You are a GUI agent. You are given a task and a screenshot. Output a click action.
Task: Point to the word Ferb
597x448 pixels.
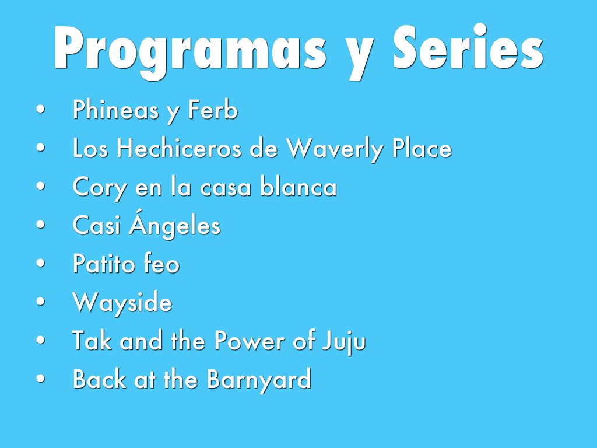[213, 110]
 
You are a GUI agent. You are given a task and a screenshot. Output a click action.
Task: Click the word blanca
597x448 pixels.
[298, 187]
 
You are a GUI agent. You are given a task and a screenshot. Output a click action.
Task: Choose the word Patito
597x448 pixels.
[104, 264]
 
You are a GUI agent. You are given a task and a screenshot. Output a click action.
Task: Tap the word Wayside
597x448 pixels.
[122, 303]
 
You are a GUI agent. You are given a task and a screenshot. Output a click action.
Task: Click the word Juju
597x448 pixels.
[344, 342]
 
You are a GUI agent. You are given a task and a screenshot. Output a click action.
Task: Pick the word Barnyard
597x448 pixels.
[259, 380]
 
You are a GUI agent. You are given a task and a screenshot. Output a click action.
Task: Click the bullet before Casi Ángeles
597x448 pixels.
[41, 225]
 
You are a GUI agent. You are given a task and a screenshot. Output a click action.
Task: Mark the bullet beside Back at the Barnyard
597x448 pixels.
[41, 379]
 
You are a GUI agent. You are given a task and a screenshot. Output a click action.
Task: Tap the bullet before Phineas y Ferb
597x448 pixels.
[41, 109]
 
